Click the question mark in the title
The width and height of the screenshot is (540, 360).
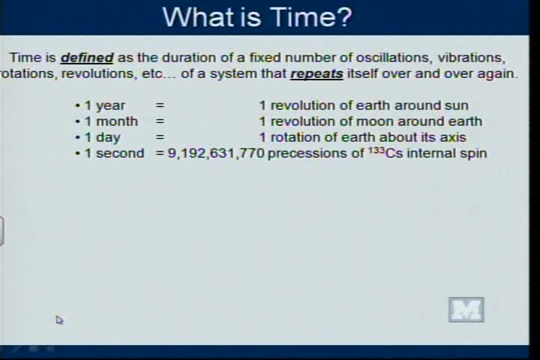click(343, 16)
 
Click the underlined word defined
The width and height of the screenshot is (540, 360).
click(87, 58)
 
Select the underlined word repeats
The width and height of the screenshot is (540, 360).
click(316, 74)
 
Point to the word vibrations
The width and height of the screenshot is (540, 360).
click(472, 58)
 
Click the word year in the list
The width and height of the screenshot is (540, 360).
click(110, 106)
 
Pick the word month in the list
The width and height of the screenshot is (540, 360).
click(117, 121)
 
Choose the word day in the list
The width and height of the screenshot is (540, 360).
click(108, 137)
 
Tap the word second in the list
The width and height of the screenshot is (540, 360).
click(120, 153)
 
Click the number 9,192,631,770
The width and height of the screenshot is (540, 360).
click(216, 154)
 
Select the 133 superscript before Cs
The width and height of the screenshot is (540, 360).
click(376, 150)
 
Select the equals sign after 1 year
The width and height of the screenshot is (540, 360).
click(160, 106)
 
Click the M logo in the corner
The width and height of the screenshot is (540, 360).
click(466, 310)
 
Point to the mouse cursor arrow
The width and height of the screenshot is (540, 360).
click(59, 320)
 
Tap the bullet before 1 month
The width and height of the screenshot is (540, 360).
click(77, 121)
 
